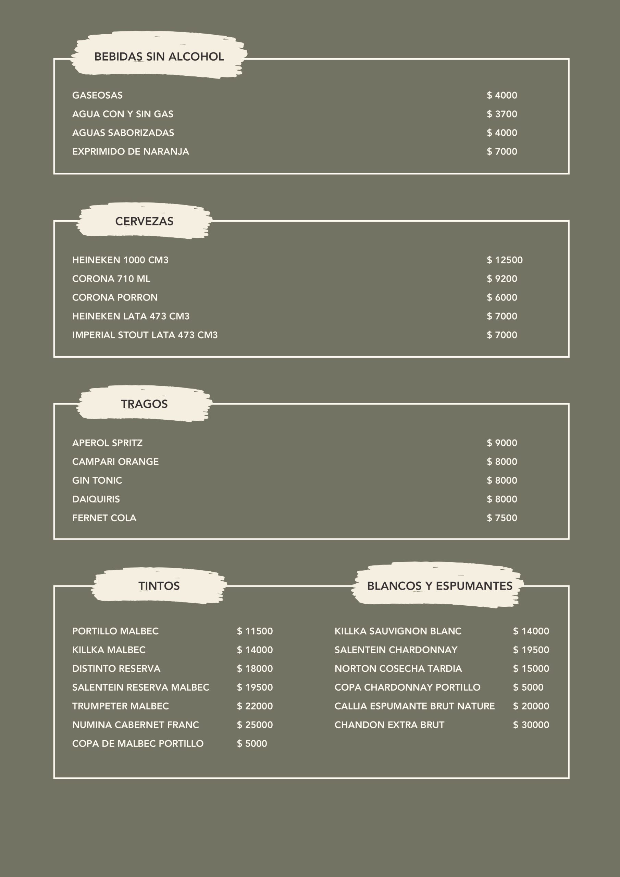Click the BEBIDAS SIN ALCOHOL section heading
(159, 57)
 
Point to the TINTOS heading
(159, 585)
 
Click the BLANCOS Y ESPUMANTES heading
(439, 585)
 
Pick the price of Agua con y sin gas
(501, 114)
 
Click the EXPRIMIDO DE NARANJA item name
(130, 151)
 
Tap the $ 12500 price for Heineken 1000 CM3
(504, 260)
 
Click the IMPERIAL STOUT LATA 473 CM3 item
(145, 335)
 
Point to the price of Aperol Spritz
(501, 443)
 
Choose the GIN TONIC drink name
(97, 480)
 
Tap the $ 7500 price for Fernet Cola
(501, 518)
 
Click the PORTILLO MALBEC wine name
(115, 631)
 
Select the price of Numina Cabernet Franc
(255, 725)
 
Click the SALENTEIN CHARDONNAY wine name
(396, 650)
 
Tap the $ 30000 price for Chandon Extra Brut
(531, 725)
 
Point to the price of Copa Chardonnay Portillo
(528, 687)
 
